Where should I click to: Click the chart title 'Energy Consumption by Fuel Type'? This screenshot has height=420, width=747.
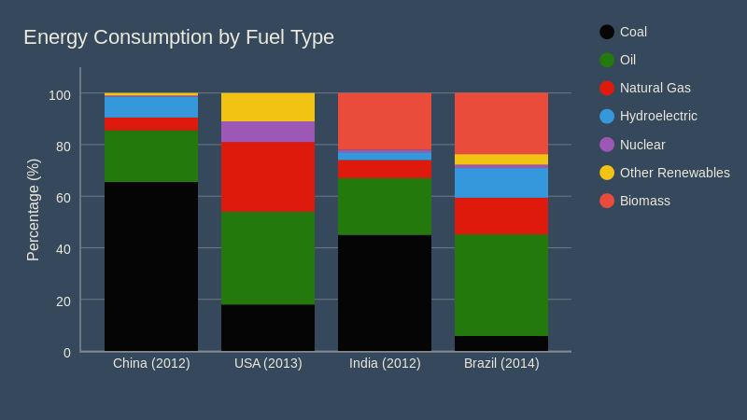pyautogui.click(x=178, y=37)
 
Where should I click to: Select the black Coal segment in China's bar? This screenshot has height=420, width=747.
pyautogui.click(x=151, y=266)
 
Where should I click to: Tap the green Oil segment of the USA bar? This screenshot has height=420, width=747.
pyautogui.click(x=268, y=259)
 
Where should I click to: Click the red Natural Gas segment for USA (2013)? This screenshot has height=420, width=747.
pyautogui.click(x=268, y=176)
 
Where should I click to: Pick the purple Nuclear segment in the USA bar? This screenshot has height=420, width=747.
pyautogui.click(x=268, y=132)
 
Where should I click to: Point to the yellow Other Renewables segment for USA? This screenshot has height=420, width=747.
pyautogui.click(x=268, y=106)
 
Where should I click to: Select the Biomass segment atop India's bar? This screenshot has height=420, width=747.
pyautogui.click(x=385, y=120)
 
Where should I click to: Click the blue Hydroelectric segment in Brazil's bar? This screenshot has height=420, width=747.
pyautogui.click(x=501, y=181)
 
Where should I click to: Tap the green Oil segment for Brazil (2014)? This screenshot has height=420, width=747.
pyautogui.click(x=501, y=285)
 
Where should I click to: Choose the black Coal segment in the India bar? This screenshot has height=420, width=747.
pyautogui.click(x=385, y=292)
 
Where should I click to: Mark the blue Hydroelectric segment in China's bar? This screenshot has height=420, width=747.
pyautogui.click(x=151, y=106)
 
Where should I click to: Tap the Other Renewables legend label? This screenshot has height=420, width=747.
pyautogui.click(x=674, y=173)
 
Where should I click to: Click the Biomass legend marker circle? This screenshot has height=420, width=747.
pyautogui.click(x=607, y=201)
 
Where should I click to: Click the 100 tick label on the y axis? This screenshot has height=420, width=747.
pyautogui.click(x=60, y=94)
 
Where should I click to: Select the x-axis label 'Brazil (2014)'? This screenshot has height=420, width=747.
pyautogui.click(x=501, y=363)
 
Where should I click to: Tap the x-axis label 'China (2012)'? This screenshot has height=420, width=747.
pyautogui.click(x=151, y=363)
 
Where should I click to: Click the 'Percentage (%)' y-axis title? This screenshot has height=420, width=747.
pyautogui.click(x=34, y=210)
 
